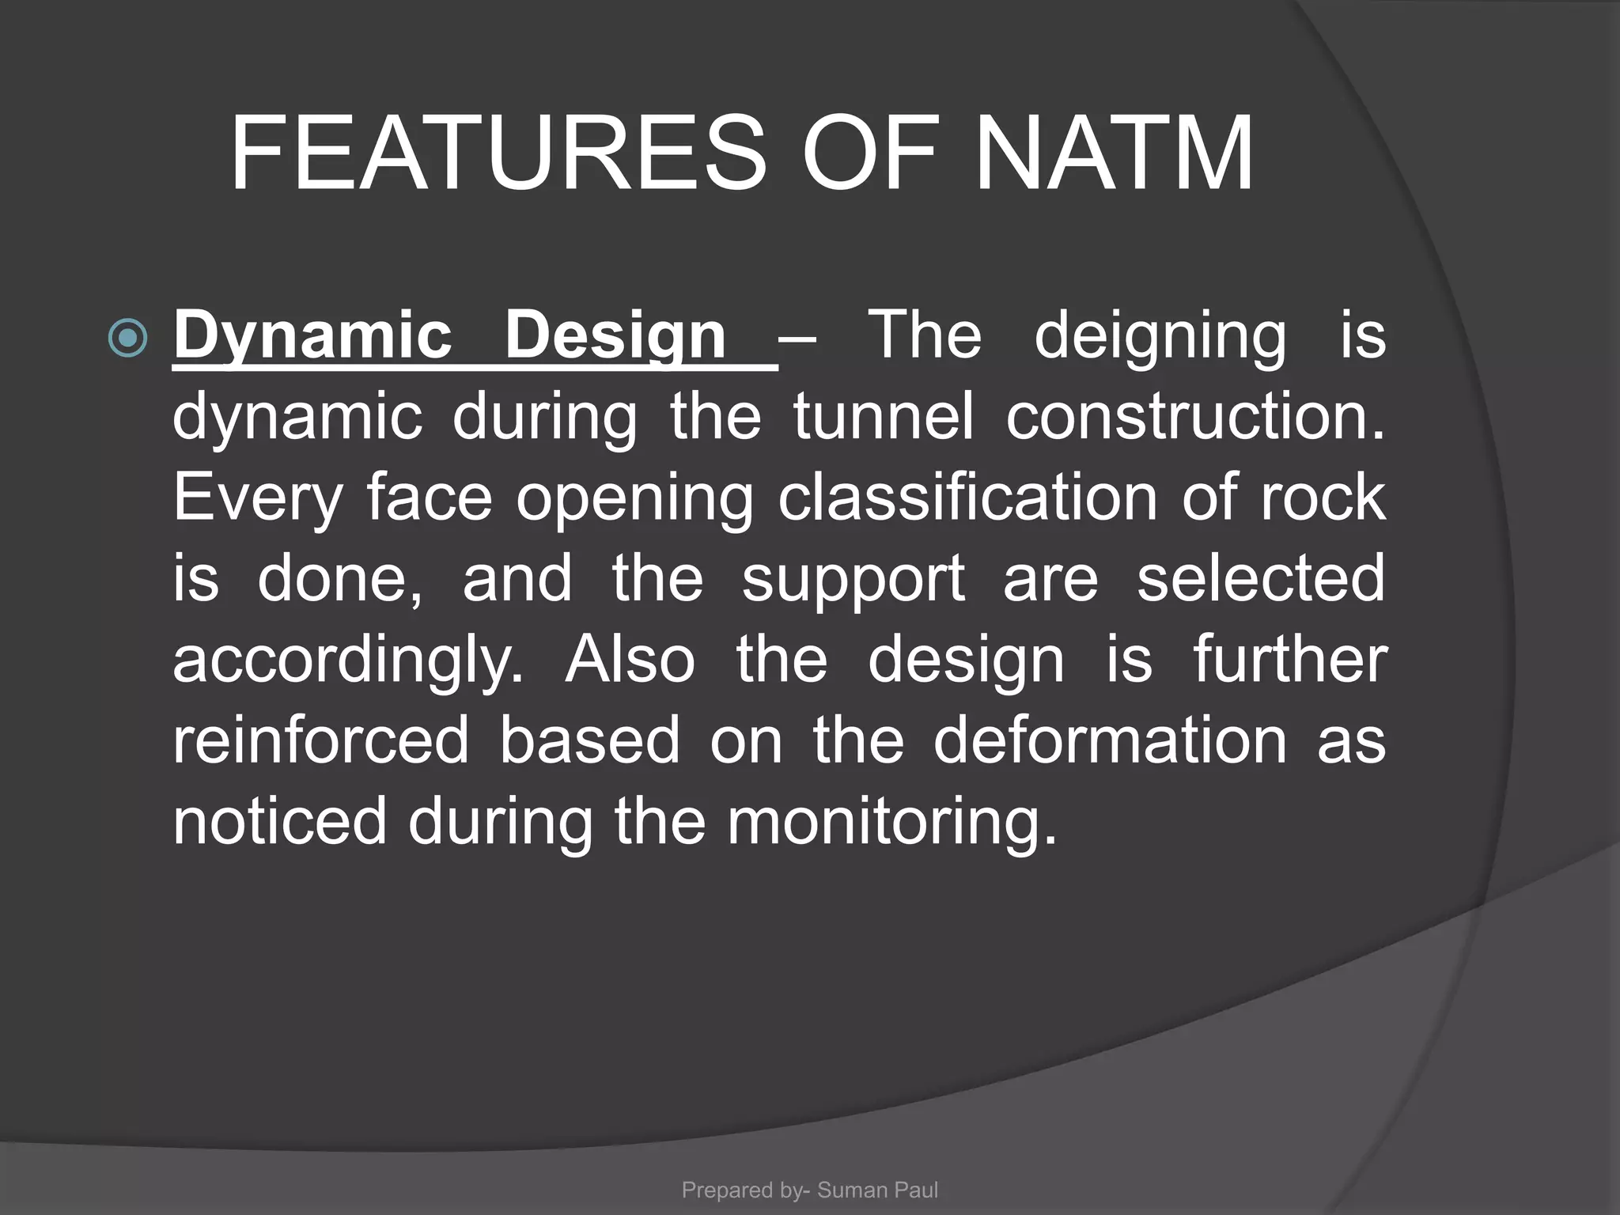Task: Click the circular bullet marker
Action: click(x=127, y=339)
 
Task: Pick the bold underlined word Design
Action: click(x=615, y=336)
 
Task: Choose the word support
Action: click(x=853, y=580)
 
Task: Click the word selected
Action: click(x=1261, y=578)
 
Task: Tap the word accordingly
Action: click(x=348, y=661)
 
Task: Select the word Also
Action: click(x=630, y=660)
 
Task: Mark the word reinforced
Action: click(x=321, y=741)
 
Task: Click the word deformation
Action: click(x=1110, y=741)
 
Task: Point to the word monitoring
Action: click(x=891, y=823)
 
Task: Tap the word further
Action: click(x=1289, y=660)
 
